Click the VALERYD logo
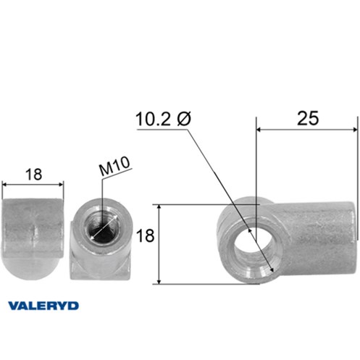[x=43, y=306]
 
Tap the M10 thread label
[x=114, y=167]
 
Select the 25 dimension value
[x=308, y=118]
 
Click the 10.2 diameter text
[x=153, y=119]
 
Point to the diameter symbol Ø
[x=184, y=119]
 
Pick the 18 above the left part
[x=33, y=175]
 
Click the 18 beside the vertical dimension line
[x=145, y=235]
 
